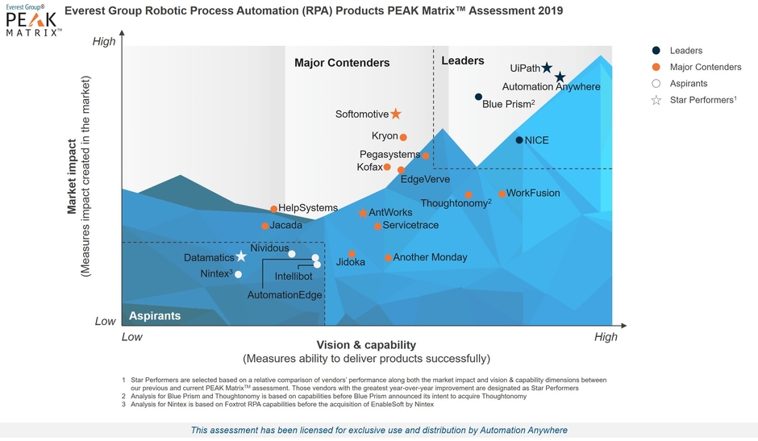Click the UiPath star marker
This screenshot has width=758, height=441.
tap(547, 69)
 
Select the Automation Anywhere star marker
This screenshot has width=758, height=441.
tap(560, 77)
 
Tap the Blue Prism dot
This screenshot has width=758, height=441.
tap(478, 98)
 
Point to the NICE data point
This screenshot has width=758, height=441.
tap(519, 140)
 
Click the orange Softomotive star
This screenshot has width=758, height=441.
tap(396, 114)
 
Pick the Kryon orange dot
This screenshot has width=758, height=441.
tap(403, 137)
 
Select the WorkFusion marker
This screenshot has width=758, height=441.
tap(502, 193)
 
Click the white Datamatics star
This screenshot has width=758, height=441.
tap(241, 256)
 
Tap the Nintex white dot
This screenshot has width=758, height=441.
tap(238, 274)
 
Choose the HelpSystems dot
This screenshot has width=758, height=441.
tap(273, 209)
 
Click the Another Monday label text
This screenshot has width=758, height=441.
tap(430, 257)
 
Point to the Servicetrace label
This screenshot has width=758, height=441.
tap(410, 225)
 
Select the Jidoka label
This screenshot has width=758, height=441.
tap(351, 263)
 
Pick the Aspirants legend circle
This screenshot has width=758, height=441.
tap(656, 83)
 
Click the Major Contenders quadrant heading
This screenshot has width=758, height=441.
tap(342, 63)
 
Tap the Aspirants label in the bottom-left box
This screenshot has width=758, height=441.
tap(155, 315)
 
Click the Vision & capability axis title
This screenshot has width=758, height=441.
tap(366, 344)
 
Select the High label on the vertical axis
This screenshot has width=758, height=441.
tap(105, 42)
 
